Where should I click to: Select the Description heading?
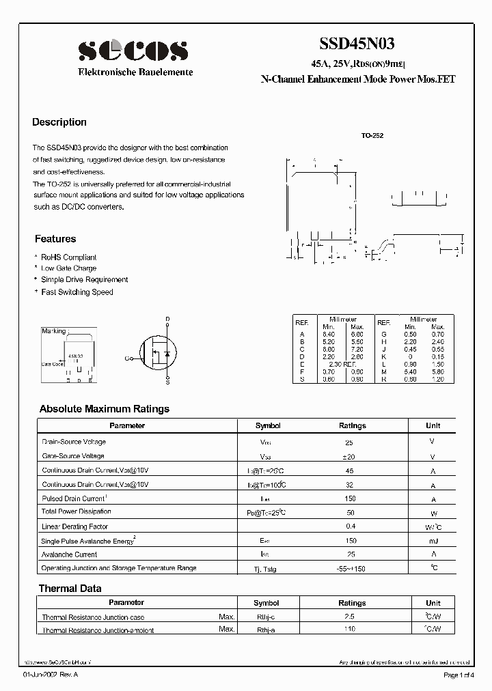tap(59, 122)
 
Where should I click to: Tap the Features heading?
tap(55, 239)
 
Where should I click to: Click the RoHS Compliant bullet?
tap(68, 257)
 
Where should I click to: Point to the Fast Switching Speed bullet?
tap(77, 292)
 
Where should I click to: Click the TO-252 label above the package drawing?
tap(372, 136)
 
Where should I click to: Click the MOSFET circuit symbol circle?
tap(159, 353)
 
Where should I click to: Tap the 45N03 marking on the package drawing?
tap(75, 356)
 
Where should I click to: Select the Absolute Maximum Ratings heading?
tap(105, 409)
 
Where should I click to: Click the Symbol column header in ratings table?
tap(268, 425)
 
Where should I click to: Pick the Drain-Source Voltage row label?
tap(74, 442)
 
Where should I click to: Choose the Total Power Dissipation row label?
tap(77, 511)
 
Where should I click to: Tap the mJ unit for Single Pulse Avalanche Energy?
tap(433, 541)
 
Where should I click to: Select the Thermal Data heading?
tap(70, 588)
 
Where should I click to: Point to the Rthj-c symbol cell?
tap(266, 617)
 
